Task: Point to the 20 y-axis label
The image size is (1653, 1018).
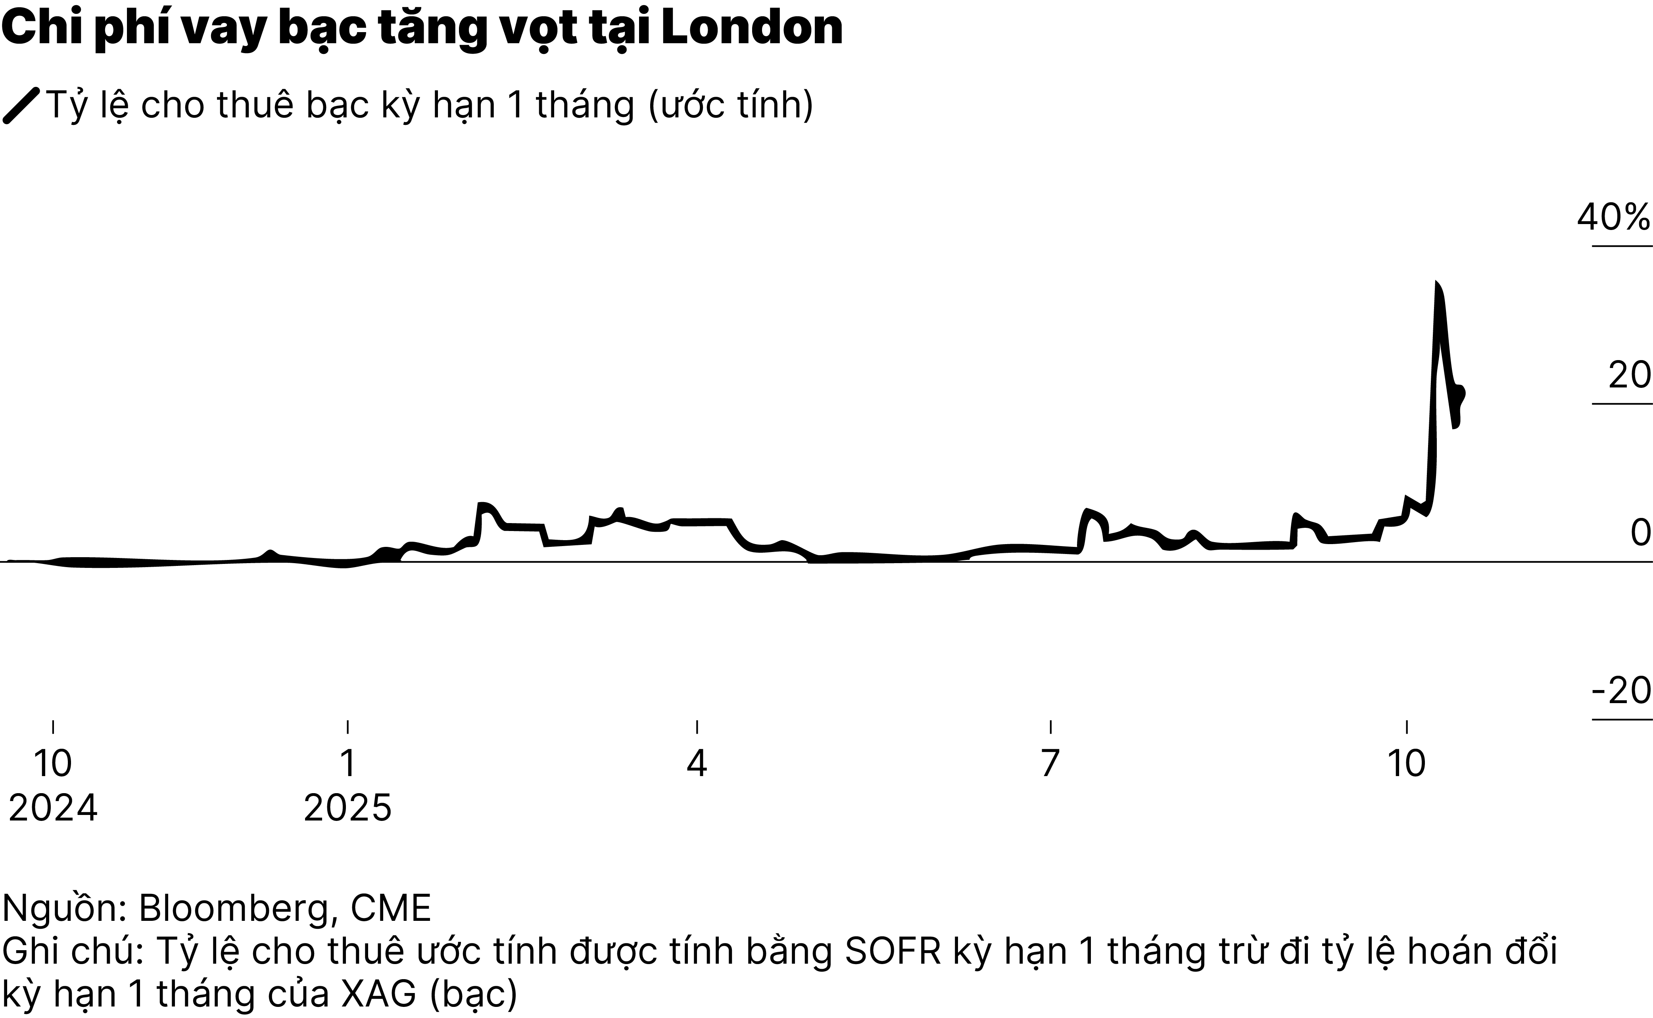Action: click(1630, 375)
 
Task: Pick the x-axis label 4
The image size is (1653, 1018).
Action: click(697, 763)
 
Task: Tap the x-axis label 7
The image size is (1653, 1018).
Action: click(1050, 763)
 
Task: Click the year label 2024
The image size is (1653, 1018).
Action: click(53, 808)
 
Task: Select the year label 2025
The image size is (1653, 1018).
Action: click(347, 808)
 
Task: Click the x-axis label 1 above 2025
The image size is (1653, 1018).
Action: click(347, 763)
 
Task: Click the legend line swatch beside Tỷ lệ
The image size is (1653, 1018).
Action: click(21, 106)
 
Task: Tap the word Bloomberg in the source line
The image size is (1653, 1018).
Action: click(232, 908)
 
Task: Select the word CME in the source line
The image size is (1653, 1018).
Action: click(390, 908)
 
